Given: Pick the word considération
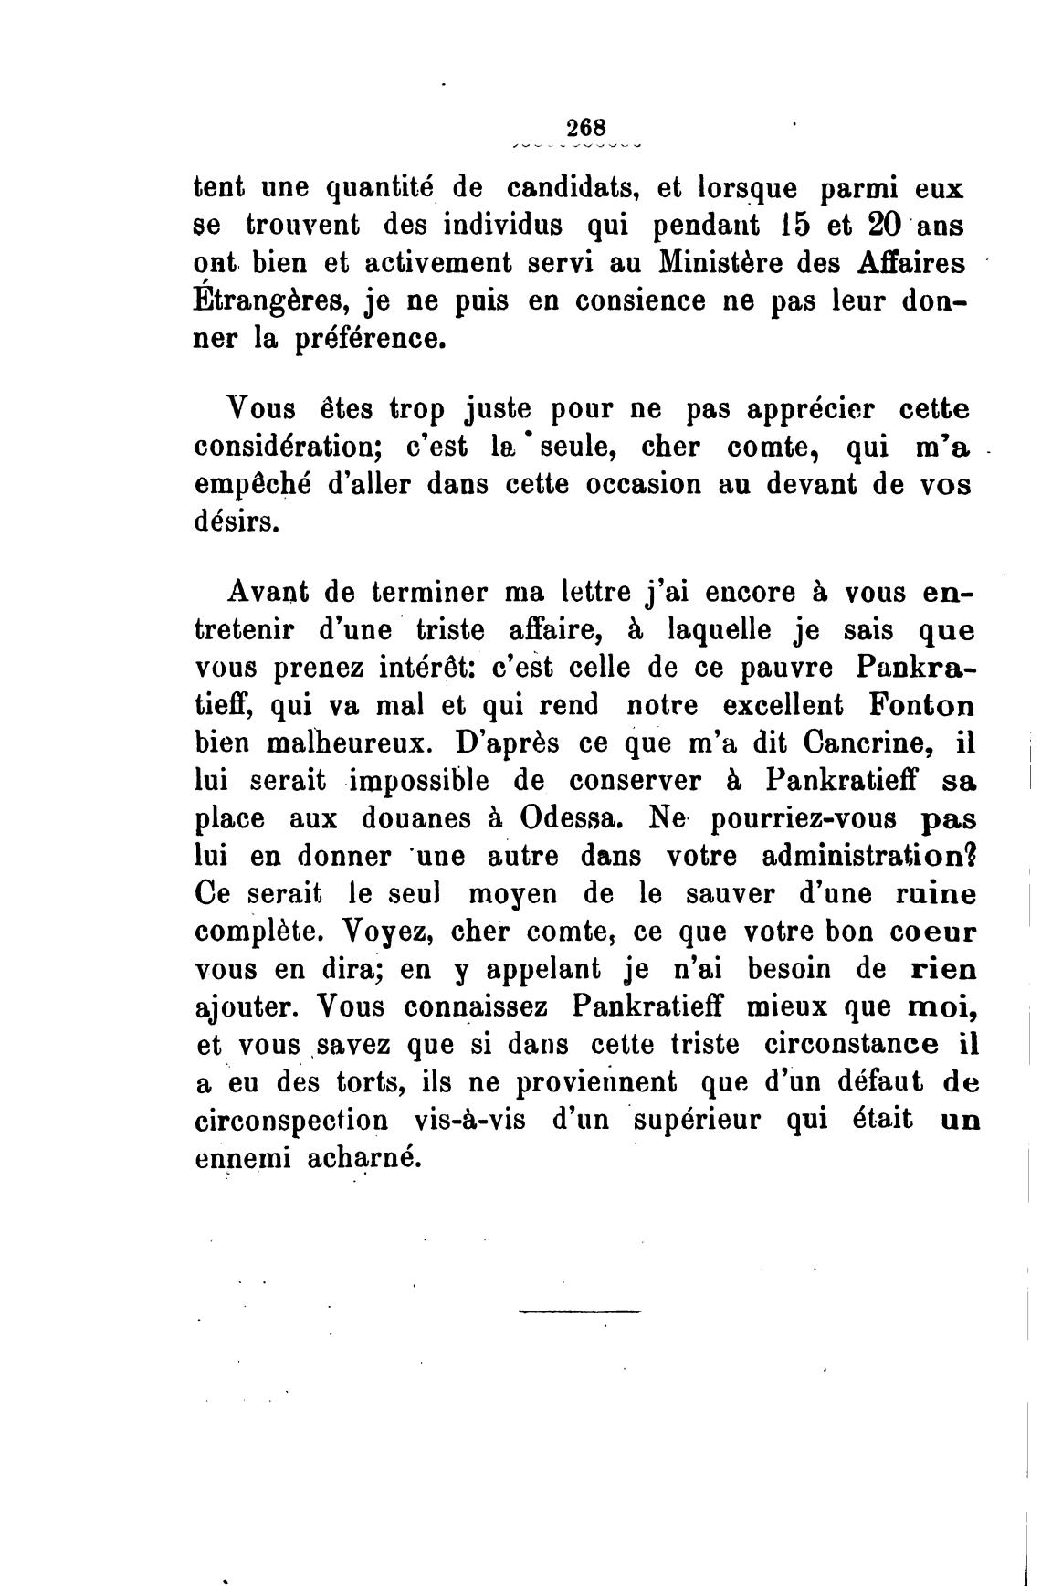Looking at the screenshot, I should click(282, 448).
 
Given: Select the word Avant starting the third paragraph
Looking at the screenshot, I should click(264, 594).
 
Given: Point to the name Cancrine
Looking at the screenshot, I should click(858, 743).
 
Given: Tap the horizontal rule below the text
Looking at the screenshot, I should click(579, 1313).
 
